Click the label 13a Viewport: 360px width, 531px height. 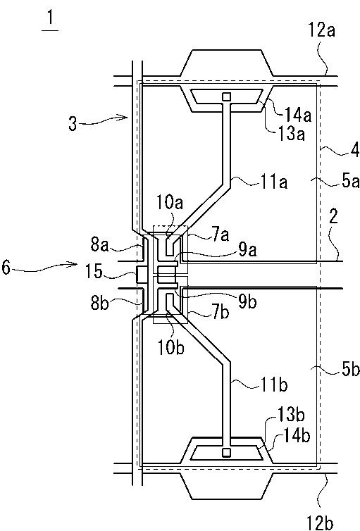coord(291,135)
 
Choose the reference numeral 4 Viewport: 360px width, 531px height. coord(354,151)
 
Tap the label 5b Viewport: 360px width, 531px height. coord(350,370)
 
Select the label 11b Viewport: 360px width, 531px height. coord(274,385)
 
